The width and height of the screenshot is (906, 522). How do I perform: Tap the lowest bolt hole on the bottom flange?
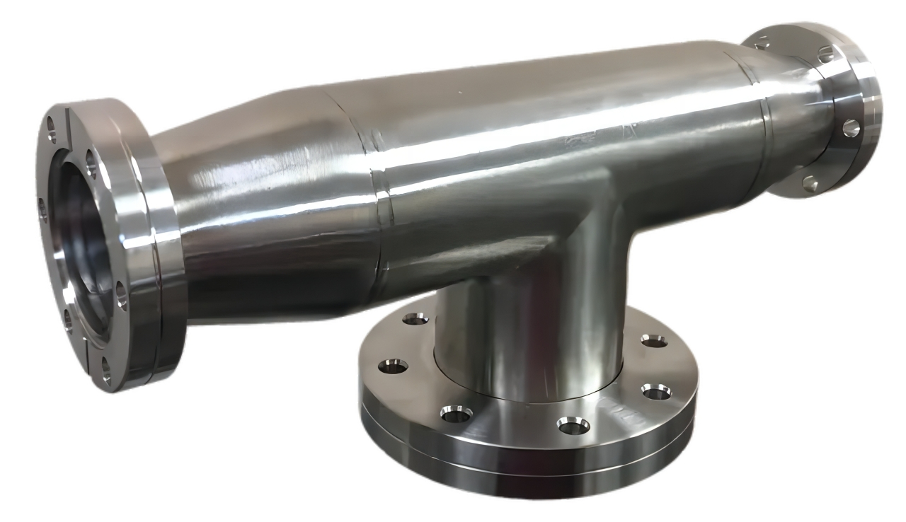pos(573,425)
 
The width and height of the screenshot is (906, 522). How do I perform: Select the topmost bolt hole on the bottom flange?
pos(415,319)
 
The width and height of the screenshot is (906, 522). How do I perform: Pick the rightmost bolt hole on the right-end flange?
pos(851,128)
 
